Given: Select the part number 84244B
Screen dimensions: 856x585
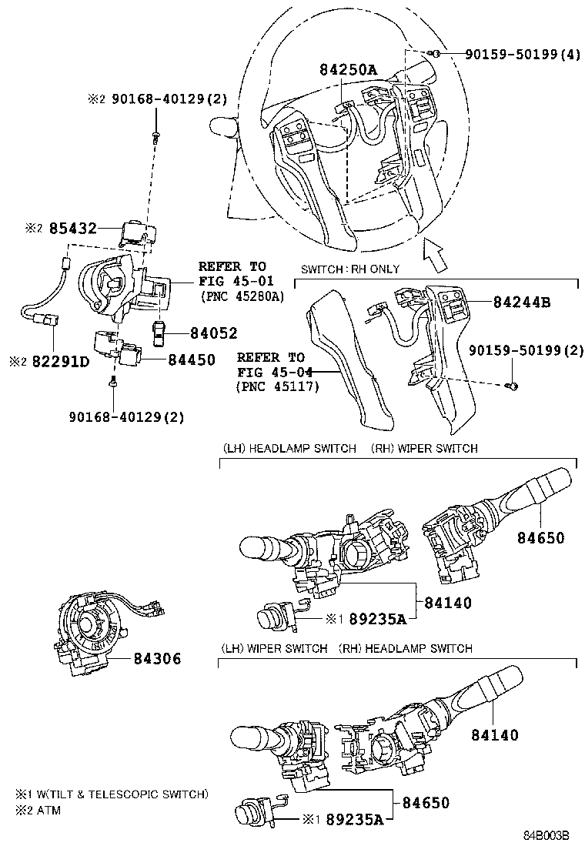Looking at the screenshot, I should click(x=521, y=303).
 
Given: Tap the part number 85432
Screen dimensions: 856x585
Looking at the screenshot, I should click(x=73, y=229).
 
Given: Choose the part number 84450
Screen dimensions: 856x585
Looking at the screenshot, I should click(x=192, y=359).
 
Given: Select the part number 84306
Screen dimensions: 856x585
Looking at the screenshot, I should click(x=157, y=659).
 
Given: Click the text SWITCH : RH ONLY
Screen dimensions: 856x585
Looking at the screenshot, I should click(x=350, y=269).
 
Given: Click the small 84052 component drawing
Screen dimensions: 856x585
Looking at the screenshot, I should click(x=161, y=333).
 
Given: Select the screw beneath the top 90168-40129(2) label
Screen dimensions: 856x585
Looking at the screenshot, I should click(x=156, y=136).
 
